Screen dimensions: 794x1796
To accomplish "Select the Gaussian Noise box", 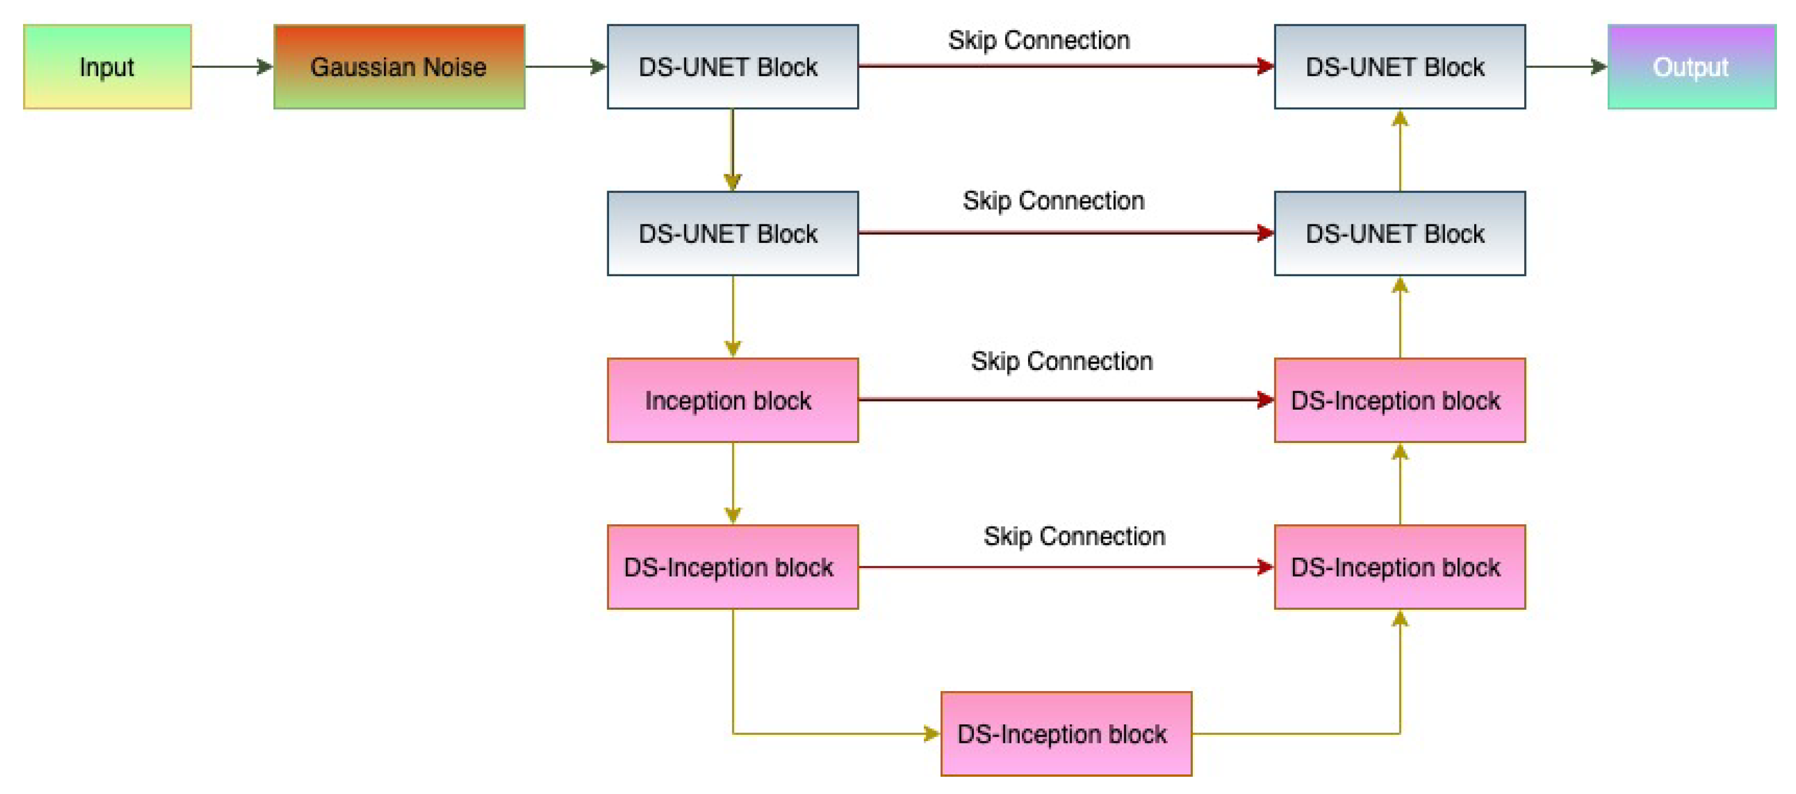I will tap(399, 67).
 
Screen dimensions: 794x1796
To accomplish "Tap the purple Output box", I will tap(1691, 67).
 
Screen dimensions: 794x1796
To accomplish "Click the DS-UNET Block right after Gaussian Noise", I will tap(732, 67).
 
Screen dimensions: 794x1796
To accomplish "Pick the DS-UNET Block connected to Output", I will tap(1399, 67).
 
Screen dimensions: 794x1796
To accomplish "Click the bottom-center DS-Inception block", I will tap(1066, 734).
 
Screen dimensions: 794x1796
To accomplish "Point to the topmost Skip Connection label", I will tap(1038, 40).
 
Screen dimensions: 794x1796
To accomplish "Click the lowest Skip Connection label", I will tap(1074, 536).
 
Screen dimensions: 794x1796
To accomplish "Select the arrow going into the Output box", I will tap(1565, 67).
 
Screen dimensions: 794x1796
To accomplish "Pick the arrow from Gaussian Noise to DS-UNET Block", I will tap(565, 67).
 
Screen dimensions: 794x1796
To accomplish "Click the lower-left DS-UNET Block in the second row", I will tap(732, 234).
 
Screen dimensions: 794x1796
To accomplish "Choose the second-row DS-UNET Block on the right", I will tap(1399, 234).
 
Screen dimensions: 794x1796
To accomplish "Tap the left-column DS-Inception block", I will tap(732, 567).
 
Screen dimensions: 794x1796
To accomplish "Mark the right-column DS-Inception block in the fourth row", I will tap(1399, 567).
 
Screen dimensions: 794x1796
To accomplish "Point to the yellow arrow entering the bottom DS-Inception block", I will tap(836, 734).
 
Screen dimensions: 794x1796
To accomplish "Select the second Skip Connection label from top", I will tap(1053, 201).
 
